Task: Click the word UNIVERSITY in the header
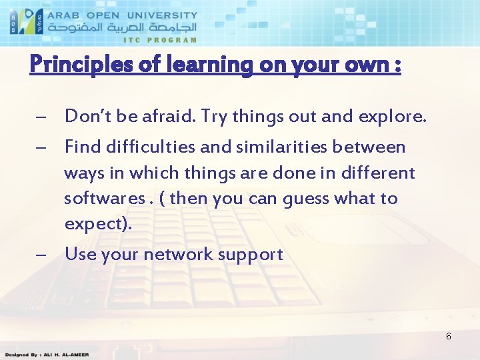161,14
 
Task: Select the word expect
93,223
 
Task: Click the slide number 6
448,337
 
